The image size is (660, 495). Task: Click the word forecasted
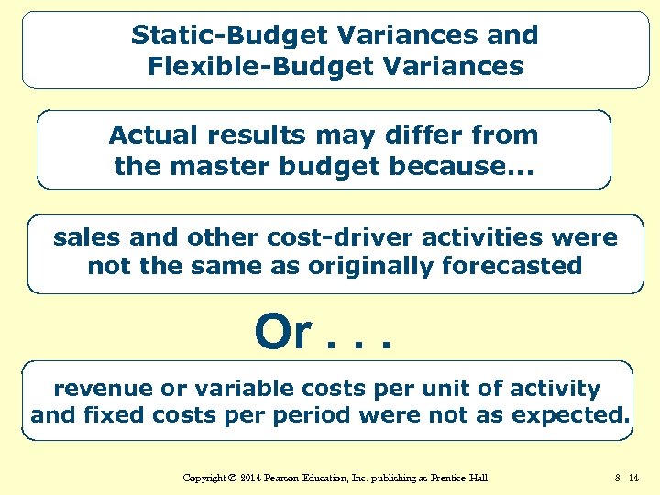(507, 267)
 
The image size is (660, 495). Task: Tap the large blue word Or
(284, 333)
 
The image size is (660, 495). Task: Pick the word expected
(571, 415)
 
